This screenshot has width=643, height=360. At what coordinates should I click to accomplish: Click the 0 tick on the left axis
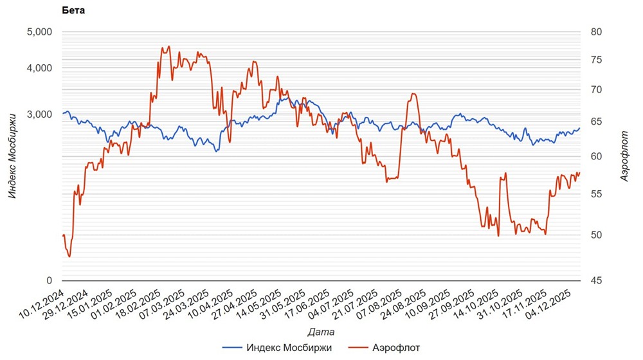pos(49,280)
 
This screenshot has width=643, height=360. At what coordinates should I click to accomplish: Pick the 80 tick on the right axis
pos(596,32)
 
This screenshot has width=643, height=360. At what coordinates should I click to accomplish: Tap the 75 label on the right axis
pos(596,60)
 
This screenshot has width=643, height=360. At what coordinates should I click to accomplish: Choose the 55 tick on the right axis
pos(596,194)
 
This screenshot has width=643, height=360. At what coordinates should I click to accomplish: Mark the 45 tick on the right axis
pos(596,280)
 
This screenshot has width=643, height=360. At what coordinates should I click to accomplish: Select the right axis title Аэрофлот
pos(624,155)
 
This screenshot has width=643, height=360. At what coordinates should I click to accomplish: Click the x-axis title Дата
pos(320,332)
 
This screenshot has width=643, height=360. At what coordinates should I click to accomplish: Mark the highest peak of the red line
pos(168,46)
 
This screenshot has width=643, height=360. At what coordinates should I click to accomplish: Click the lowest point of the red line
pos(69,256)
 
